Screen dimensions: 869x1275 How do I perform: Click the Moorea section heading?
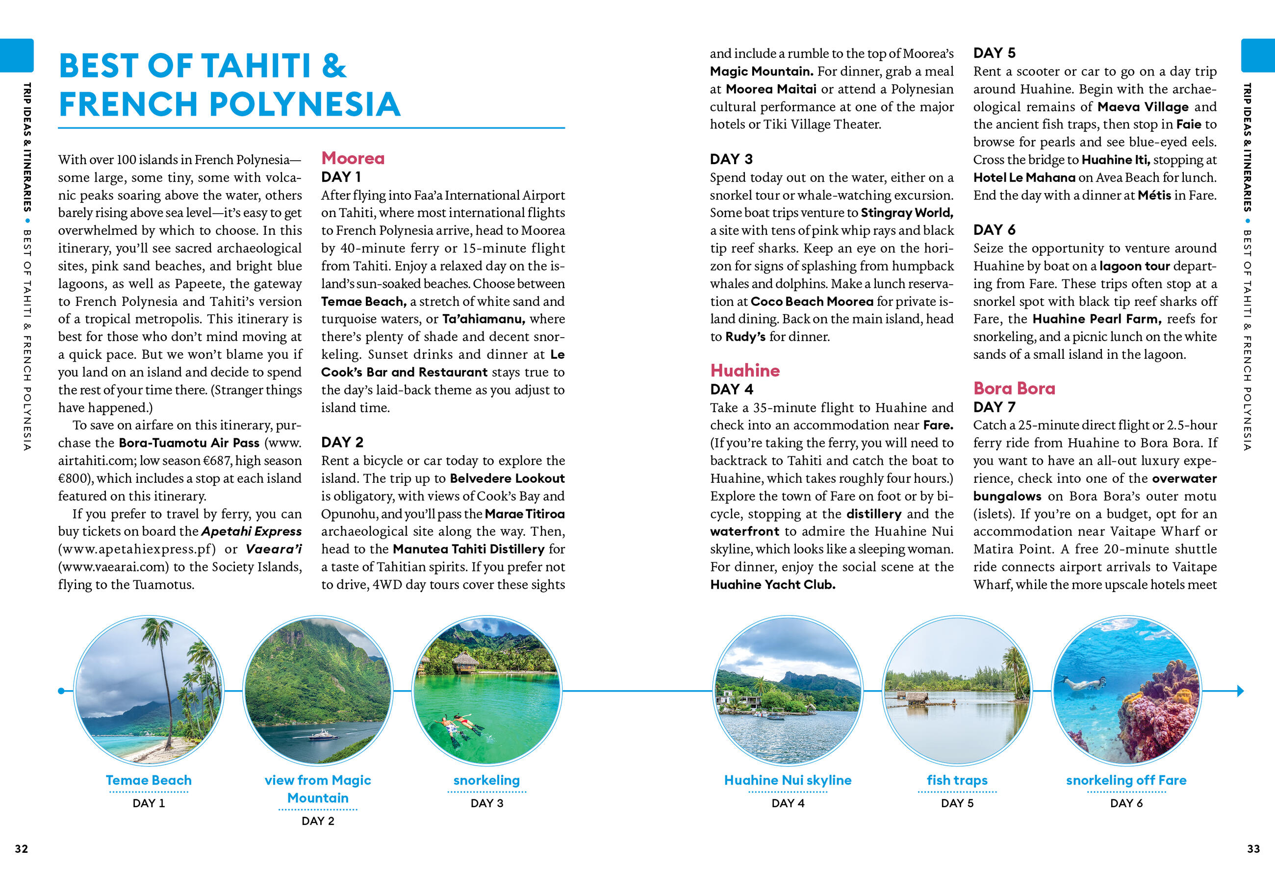click(353, 158)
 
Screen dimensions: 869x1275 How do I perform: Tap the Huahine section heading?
click(744, 371)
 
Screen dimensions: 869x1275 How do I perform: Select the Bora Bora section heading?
click(1014, 388)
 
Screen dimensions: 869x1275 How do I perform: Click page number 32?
click(22, 849)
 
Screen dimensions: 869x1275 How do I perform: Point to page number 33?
click(1253, 849)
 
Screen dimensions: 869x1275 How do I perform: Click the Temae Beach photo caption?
click(149, 780)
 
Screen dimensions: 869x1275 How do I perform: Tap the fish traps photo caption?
click(957, 780)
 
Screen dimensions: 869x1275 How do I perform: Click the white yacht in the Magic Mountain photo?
click(324, 735)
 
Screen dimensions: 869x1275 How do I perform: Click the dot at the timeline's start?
click(61, 691)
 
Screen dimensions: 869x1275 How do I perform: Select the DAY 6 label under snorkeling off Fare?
click(1126, 803)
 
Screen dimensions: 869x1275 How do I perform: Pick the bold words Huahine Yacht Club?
click(772, 584)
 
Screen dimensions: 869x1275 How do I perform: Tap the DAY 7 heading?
click(994, 407)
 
